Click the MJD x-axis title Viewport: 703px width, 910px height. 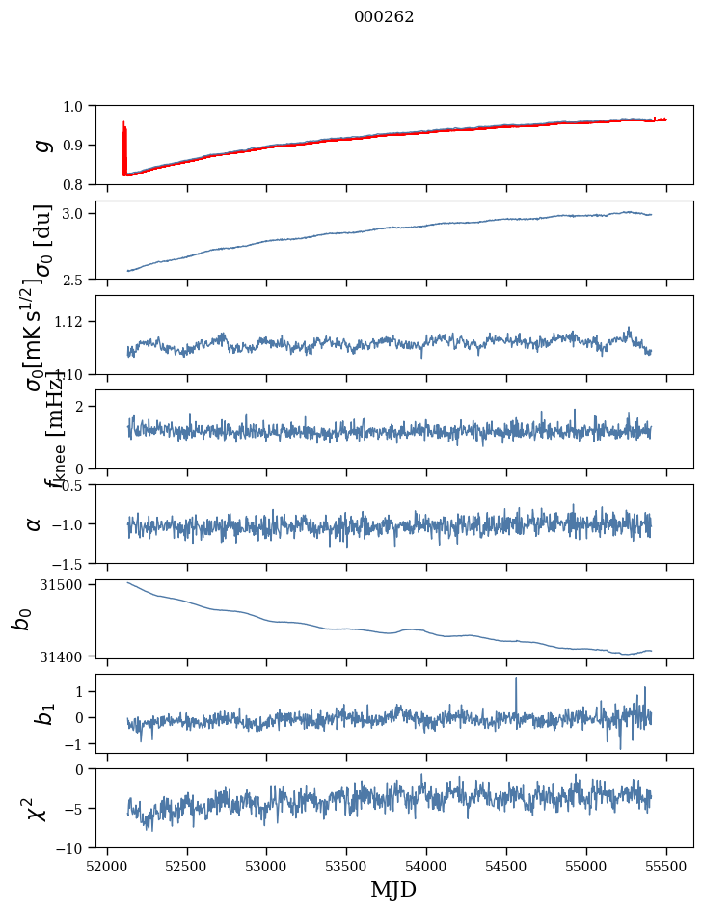(394, 890)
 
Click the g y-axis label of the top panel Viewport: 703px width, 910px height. (40, 145)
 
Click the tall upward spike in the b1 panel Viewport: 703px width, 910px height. (516, 680)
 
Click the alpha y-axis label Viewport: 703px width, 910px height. (34, 523)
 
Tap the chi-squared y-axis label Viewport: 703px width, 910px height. (37, 809)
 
